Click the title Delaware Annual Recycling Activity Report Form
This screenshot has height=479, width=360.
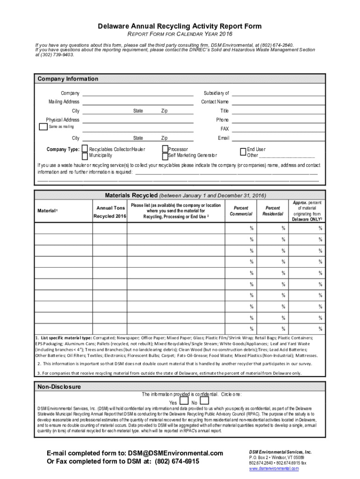[x=180, y=26]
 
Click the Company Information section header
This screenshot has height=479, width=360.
[x=68, y=79]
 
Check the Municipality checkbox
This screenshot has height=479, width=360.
[x=85, y=155]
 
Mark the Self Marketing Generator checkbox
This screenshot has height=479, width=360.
[x=165, y=155]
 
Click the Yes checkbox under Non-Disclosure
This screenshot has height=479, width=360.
[x=184, y=400]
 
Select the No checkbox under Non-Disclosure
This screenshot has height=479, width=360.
[x=204, y=400]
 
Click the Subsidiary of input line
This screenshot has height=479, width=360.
[x=278, y=94]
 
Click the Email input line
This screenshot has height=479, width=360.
[x=278, y=138]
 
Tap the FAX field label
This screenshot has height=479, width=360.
[x=224, y=129]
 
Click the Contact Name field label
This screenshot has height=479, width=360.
[x=215, y=102]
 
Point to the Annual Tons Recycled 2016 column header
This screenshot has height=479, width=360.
[x=110, y=212]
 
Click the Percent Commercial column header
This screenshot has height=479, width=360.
[x=241, y=211]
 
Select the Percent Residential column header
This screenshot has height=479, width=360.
[x=273, y=211]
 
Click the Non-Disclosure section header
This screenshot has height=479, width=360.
[x=59, y=387]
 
